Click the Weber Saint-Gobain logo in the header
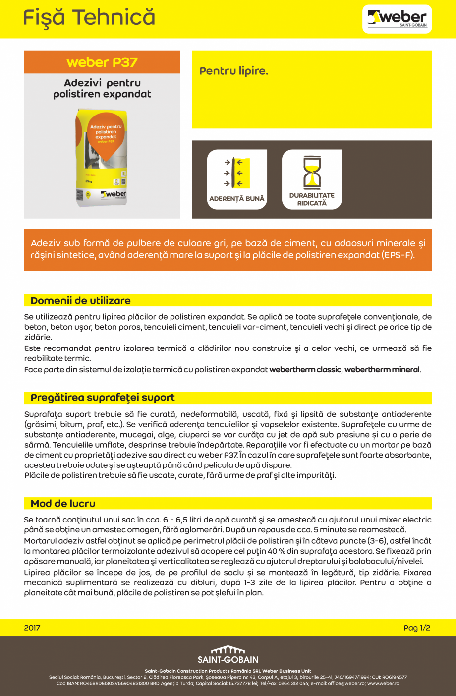397,19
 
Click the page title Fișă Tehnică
89,18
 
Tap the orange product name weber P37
102,62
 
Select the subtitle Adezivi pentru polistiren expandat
102,89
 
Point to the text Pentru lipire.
233,71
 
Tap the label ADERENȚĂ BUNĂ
237,199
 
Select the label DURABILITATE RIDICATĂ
312,199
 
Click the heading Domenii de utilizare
81,301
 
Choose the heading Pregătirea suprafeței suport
103,398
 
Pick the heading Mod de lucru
63,504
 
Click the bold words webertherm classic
305,370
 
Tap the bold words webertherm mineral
382,370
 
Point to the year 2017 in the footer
32,628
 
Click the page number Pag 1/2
416,628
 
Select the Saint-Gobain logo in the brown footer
228,655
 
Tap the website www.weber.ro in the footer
383,683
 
